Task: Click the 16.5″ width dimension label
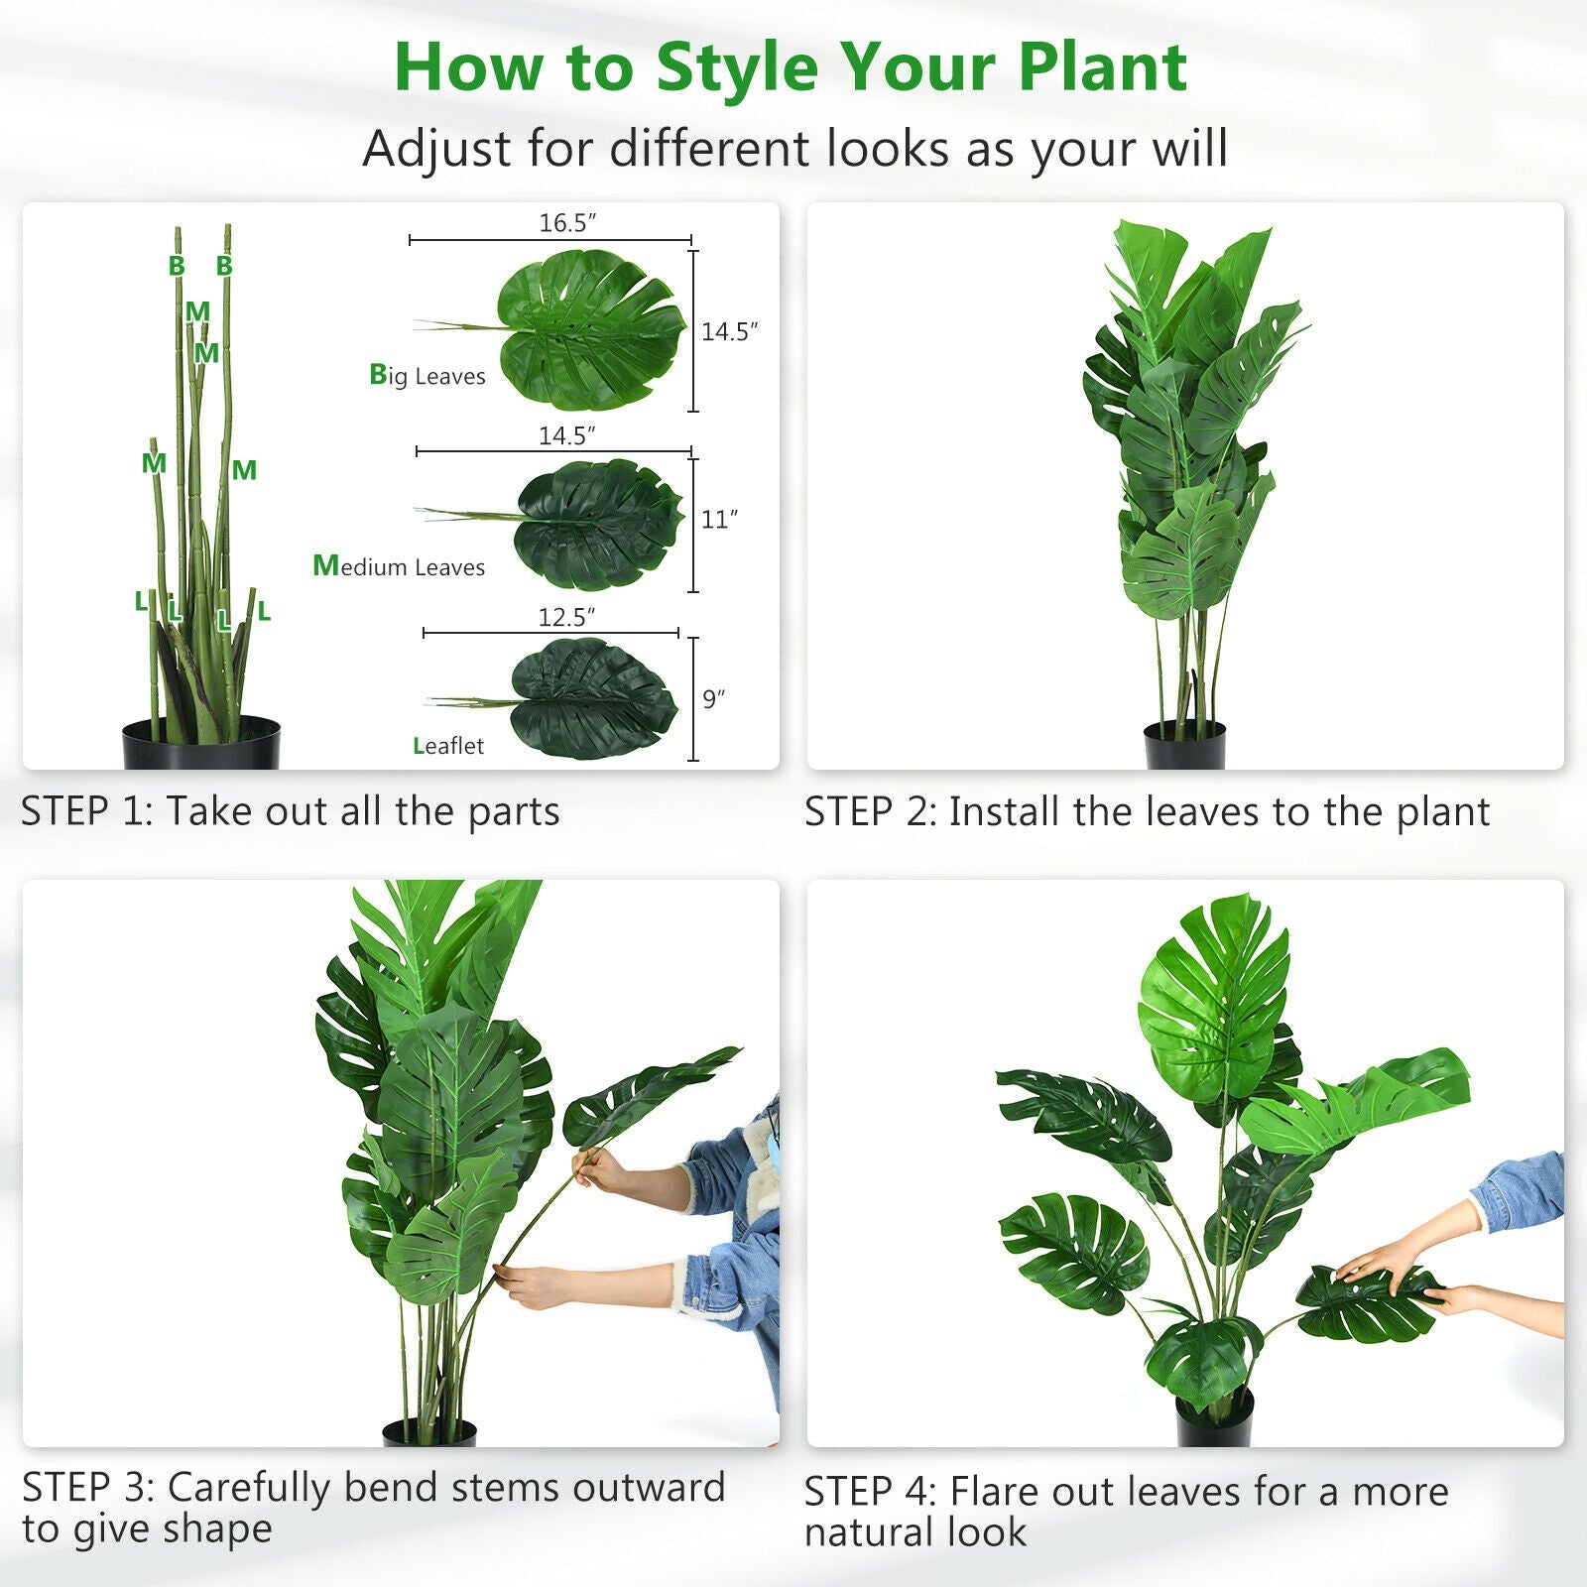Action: click(567, 223)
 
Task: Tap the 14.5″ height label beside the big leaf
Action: click(729, 332)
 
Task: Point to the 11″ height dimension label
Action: click(719, 520)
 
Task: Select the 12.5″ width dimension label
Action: click(566, 617)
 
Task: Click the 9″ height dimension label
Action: click(713, 699)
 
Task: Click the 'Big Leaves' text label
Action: click(427, 376)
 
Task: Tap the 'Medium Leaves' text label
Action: click(399, 566)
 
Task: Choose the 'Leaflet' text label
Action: click(448, 746)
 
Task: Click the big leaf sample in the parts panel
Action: click(590, 330)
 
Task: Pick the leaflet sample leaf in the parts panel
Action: click(593, 698)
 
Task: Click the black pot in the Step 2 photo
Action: click(1185, 746)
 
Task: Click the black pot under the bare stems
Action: click(201, 744)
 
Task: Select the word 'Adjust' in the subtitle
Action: click(437, 149)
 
